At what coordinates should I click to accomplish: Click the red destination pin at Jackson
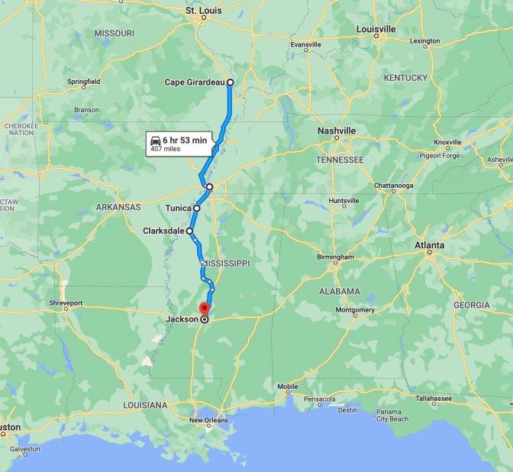point(204,308)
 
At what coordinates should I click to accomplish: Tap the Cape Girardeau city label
point(195,82)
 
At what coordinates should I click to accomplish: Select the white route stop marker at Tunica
point(197,208)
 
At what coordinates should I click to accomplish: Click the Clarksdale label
point(162,231)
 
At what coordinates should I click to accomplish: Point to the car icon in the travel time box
point(156,140)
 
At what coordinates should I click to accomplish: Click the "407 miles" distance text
point(166,149)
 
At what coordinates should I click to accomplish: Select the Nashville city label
point(337,131)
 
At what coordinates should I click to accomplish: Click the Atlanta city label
point(429,245)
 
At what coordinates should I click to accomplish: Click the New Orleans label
point(208,420)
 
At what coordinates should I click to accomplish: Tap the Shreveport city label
point(66,303)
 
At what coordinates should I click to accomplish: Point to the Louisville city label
point(376,29)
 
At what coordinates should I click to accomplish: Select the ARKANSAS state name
point(118,207)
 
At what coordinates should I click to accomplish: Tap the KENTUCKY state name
point(405,78)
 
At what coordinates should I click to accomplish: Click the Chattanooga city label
point(394,186)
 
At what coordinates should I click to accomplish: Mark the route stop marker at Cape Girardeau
point(230,82)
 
